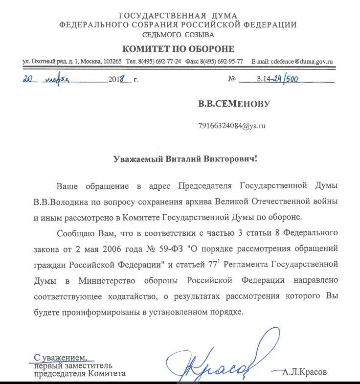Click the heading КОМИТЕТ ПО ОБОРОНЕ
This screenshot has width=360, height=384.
coord(178,49)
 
